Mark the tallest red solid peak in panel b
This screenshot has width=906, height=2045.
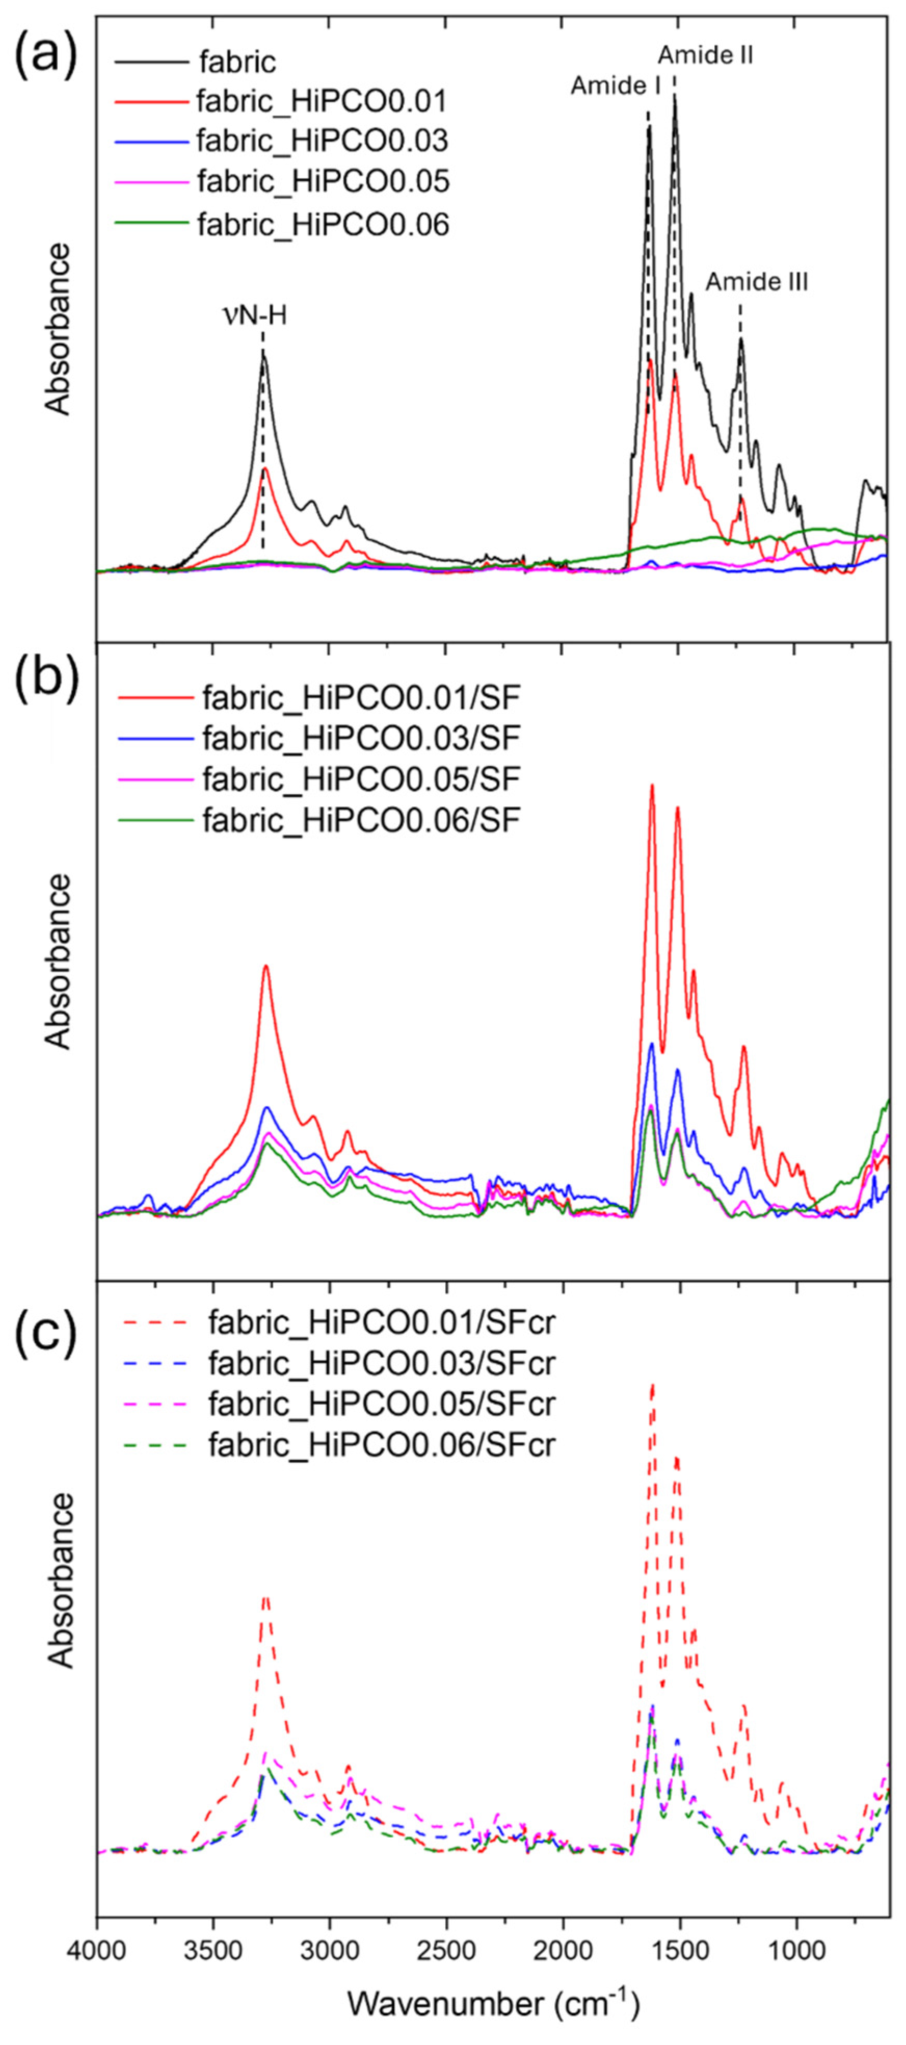pos(652,786)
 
